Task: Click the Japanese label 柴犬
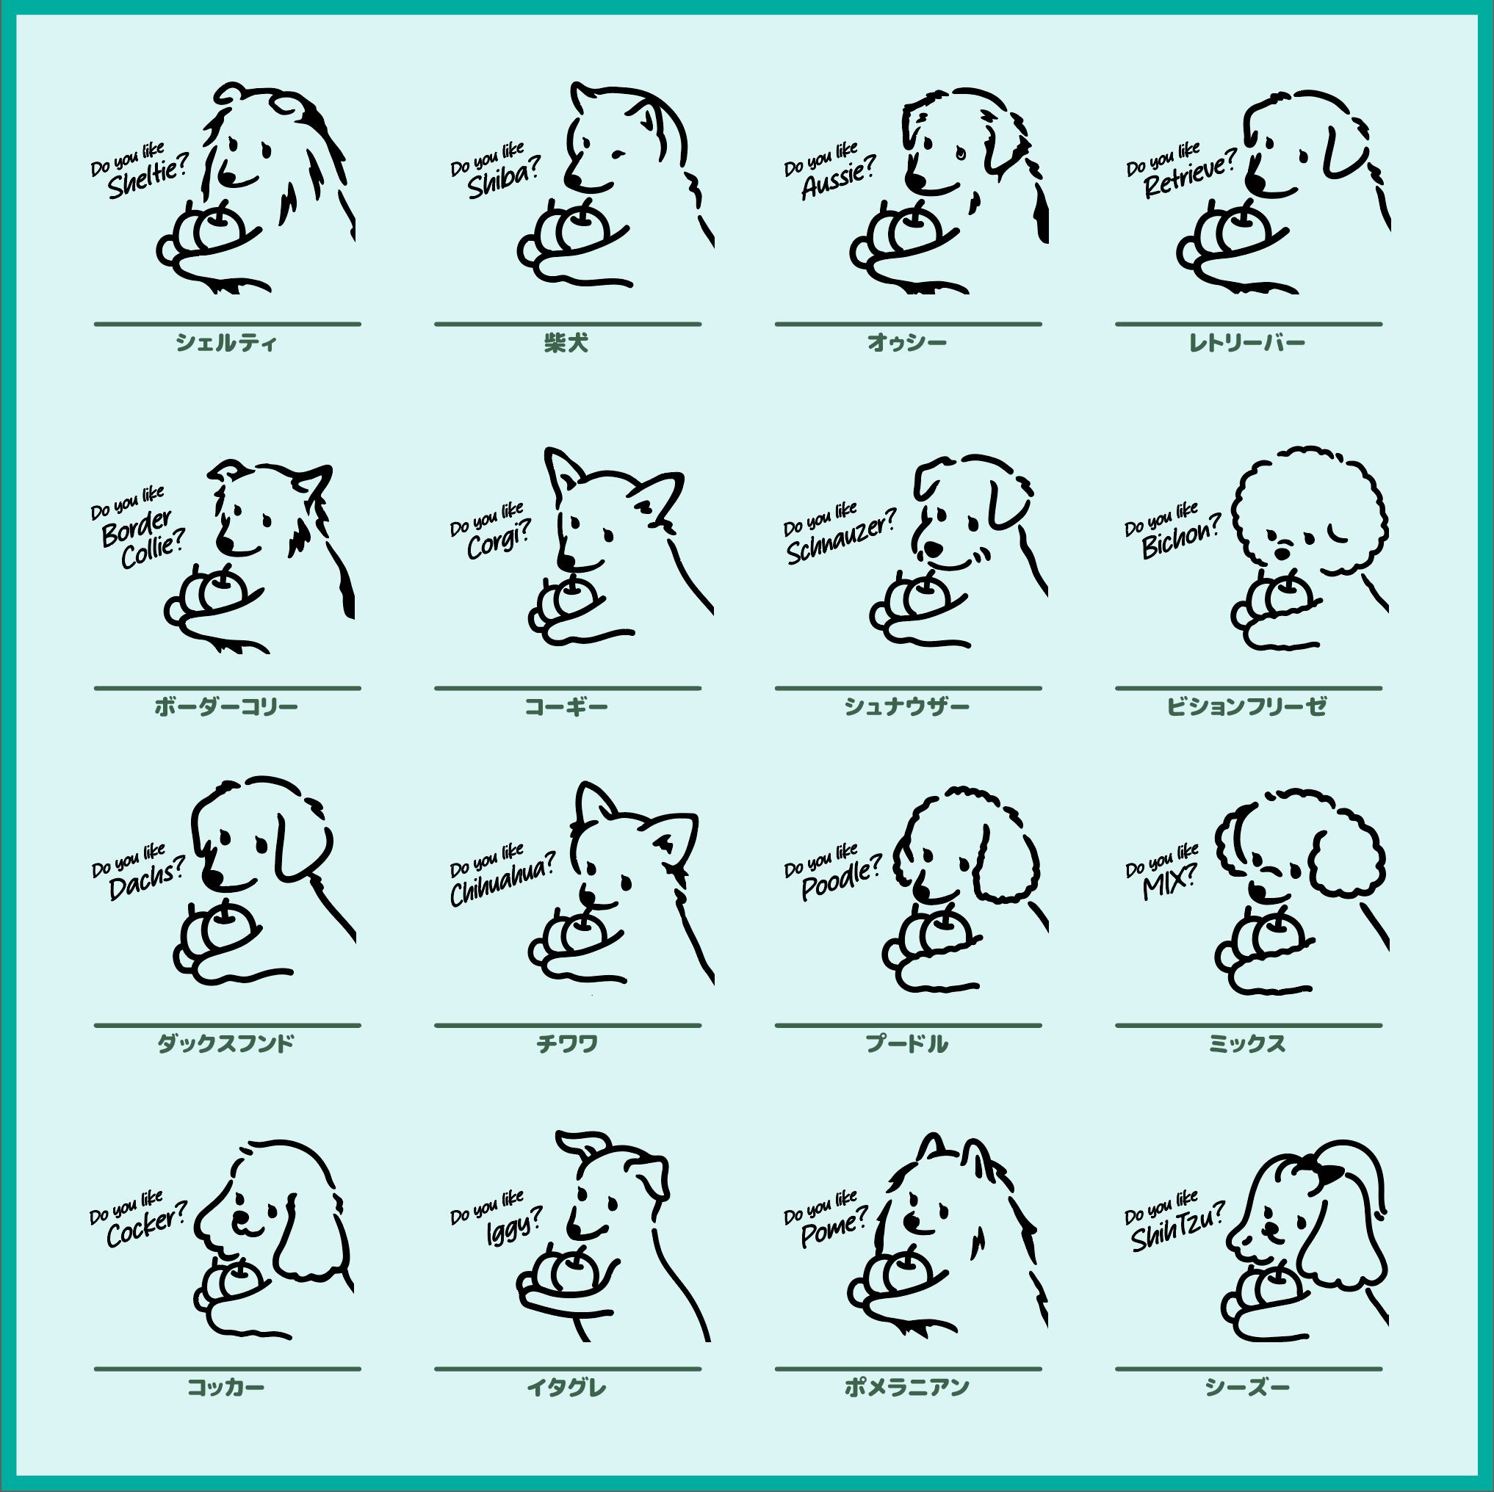click(566, 342)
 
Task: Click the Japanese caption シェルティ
click(225, 342)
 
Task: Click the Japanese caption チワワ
click(567, 1043)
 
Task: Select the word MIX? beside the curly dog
click(1169, 883)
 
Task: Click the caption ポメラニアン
click(906, 1387)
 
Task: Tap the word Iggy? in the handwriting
click(513, 1225)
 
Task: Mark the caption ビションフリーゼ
click(1246, 706)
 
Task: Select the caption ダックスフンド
click(225, 1043)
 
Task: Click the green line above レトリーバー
click(1248, 324)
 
